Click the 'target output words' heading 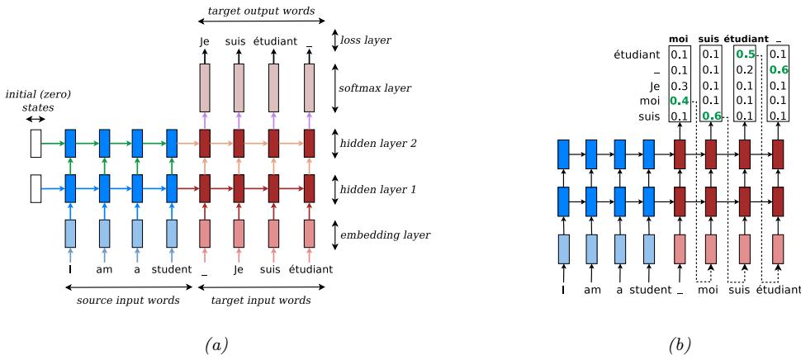255,9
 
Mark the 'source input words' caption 128,301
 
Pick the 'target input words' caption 260,301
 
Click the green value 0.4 679,101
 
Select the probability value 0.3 679,86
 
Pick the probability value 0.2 744,70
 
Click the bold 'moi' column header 679,39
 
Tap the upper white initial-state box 35,144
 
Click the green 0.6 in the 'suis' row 711,116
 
